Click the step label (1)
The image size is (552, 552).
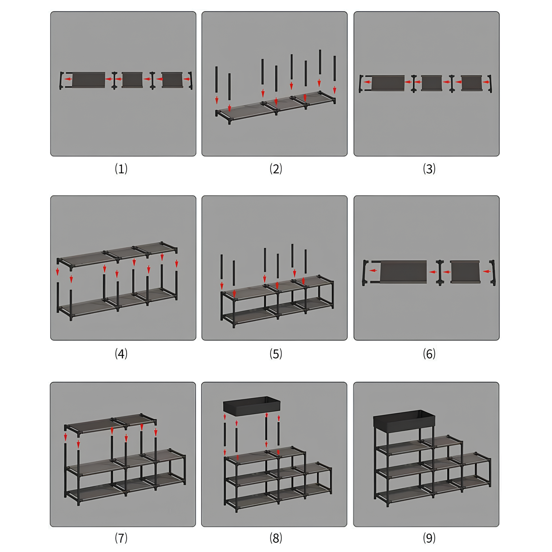(x=121, y=169)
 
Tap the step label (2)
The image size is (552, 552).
(x=276, y=169)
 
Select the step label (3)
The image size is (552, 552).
(x=429, y=169)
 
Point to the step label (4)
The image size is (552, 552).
(x=121, y=354)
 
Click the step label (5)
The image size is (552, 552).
(x=276, y=354)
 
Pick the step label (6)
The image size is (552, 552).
(x=429, y=354)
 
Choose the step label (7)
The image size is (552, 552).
(x=121, y=538)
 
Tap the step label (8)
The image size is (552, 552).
(x=276, y=538)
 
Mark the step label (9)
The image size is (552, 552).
(x=429, y=538)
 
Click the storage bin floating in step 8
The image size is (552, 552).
(x=252, y=406)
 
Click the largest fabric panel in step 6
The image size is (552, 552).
(x=403, y=272)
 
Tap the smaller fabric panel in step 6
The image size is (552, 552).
(x=465, y=272)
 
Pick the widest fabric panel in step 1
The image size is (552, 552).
(x=89, y=80)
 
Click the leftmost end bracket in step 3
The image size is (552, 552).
(x=361, y=84)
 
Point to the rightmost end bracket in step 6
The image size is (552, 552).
(x=493, y=273)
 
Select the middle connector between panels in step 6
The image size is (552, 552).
(x=440, y=273)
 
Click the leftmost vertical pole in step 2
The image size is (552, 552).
(x=217, y=80)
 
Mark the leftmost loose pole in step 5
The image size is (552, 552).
(x=221, y=267)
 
